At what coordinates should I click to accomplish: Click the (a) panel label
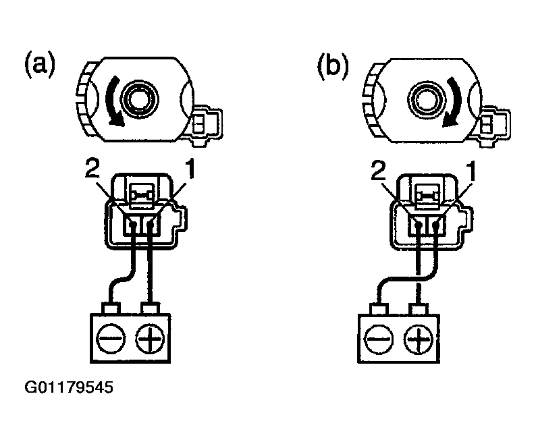point(40,64)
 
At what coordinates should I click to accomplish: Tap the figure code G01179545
point(69,387)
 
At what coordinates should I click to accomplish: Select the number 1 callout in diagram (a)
point(189,169)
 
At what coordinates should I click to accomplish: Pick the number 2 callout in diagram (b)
point(378,171)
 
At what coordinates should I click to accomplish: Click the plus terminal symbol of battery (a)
point(150,339)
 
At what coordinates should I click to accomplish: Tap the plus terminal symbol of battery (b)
point(418,340)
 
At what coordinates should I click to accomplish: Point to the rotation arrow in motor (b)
point(456,103)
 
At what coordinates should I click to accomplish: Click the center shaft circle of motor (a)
point(140,99)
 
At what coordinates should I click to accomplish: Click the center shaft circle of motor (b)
point(427,100)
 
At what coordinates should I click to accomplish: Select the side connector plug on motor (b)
point(492,126)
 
